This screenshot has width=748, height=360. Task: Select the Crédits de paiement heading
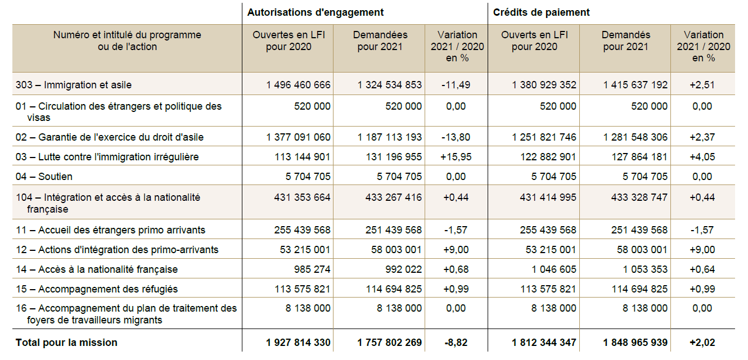[542, 12]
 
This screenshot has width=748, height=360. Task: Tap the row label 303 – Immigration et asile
[74, 85]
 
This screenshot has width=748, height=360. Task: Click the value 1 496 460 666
[299, 85]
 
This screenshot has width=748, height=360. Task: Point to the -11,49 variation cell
[456, 85]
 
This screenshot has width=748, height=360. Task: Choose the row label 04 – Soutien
[44, 177]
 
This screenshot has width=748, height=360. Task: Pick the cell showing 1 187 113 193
[390, 137]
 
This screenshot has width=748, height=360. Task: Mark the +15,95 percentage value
[456, 157]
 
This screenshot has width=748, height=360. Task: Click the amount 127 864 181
[640, 157]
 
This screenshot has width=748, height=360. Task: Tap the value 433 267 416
[390, 197]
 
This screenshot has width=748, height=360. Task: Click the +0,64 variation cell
[702, 269]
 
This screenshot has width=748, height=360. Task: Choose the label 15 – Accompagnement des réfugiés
[97, 289]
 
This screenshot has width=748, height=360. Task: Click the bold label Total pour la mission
[66, 343]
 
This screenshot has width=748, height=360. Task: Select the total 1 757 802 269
[390, 343]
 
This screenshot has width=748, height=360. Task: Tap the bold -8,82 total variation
[456, 343]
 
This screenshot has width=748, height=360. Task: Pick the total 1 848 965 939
[636, 343]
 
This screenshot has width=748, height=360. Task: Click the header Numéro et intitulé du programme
[127, 35]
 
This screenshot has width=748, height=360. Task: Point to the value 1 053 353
[645, 269]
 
